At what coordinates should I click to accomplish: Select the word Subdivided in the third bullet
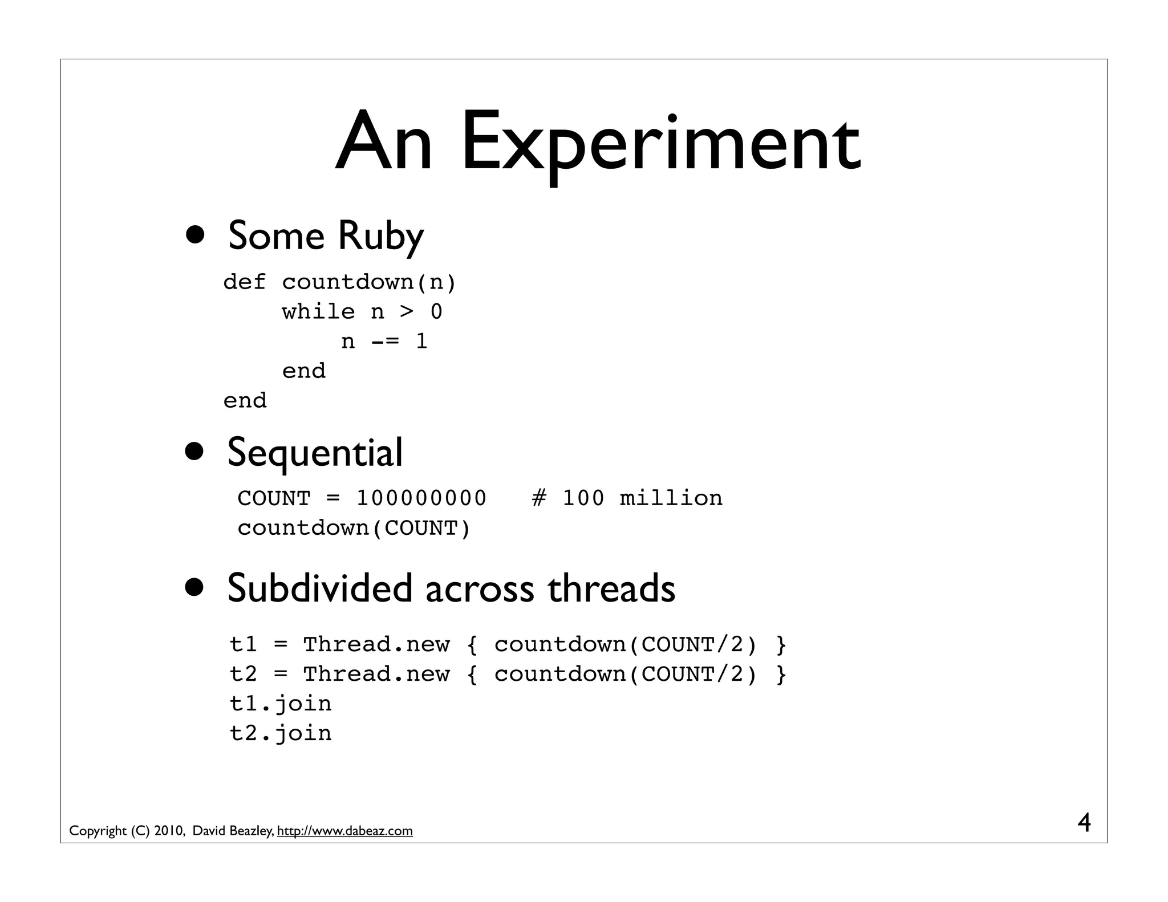(319, 588)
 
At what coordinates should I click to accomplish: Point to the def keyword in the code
(244, 282)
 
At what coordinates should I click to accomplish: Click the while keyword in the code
(318, 312)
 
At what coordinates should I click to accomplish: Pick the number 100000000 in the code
(421, 498)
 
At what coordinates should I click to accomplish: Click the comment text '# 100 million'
(627, 498)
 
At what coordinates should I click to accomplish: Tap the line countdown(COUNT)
(354, 528)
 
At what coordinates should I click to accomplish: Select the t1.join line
(281, 704)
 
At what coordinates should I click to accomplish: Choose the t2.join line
(281, 733)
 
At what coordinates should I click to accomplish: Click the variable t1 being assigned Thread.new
(244, 645)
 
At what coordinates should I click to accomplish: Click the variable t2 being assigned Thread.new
(244, 675)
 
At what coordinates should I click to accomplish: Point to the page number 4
(1084, 823)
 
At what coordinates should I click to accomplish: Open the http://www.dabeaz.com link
(344, 831)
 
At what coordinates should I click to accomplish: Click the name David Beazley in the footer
(233, 831)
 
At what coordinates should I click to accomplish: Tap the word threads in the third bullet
(611, 588)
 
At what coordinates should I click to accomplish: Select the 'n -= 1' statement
(384, 342)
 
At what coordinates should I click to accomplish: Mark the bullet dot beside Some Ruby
(194, 235)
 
